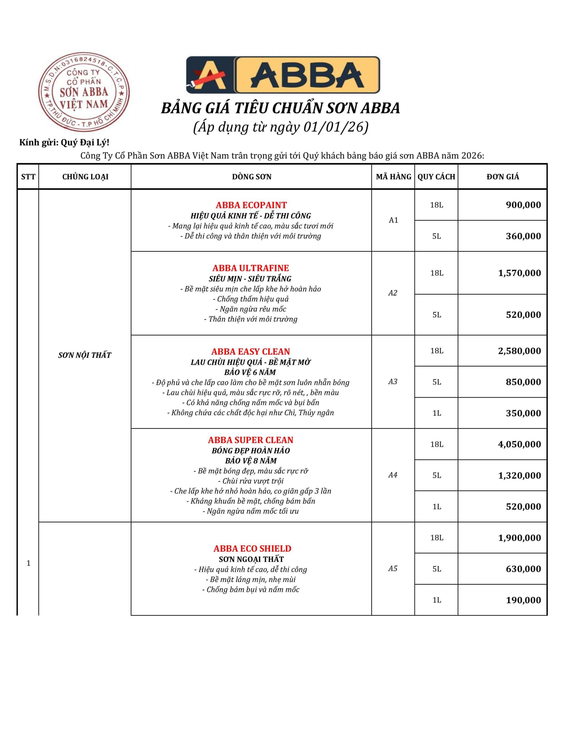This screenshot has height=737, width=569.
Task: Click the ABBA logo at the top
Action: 283,75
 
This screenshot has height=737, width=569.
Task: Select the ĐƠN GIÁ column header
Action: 503,176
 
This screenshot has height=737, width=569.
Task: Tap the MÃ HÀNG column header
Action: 393,176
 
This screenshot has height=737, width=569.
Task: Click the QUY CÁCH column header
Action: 436,176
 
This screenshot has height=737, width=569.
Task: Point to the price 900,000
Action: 523,205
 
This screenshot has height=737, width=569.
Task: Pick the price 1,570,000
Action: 520,273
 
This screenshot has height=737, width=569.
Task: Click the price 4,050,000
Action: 520,444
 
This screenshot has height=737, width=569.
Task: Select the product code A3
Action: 393,381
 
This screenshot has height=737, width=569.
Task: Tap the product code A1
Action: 393,220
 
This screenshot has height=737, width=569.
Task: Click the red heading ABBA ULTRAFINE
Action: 251,268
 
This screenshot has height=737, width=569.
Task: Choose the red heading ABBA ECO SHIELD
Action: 252,548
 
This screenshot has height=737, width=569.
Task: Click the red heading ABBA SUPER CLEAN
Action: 251,440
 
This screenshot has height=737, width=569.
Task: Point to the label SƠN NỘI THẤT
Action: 85,355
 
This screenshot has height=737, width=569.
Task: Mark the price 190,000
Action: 523,600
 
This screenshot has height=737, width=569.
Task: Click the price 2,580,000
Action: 520,351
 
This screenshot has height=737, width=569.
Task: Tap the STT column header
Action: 28,176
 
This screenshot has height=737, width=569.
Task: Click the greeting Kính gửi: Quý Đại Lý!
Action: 64,143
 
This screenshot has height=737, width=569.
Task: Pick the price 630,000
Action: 523,569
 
